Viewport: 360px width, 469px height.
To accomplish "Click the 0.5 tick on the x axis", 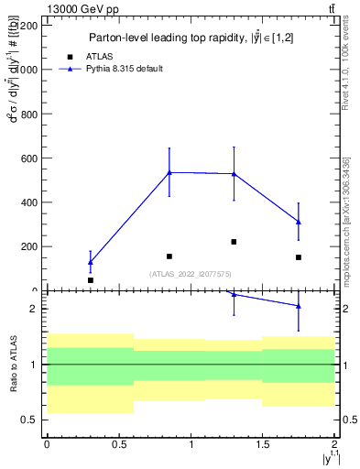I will (x=118, y=443).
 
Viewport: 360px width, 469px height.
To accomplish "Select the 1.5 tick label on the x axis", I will (x=263, y=443).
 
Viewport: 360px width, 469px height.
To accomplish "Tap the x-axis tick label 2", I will (x=335, y=443).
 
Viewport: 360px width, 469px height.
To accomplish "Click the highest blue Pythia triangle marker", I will (x=169, y=172).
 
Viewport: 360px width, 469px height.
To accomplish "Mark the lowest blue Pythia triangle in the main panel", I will (x=90, y=262).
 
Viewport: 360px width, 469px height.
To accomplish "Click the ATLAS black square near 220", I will (x=234, y=242).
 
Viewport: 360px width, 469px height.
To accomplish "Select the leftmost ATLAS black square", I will (x=90, y=279).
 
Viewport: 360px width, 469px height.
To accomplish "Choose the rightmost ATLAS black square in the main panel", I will (x=299, y=257).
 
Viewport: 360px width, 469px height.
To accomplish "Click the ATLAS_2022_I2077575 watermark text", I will (x=190, y=273).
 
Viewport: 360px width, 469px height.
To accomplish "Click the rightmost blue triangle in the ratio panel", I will (x=299, y=306).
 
